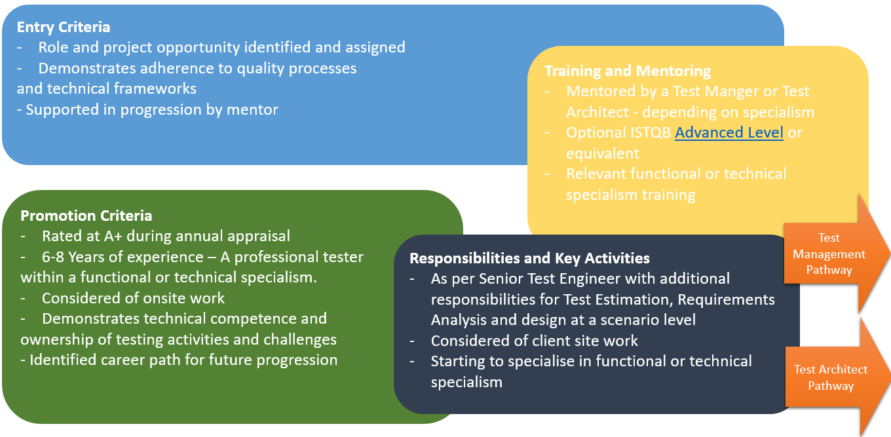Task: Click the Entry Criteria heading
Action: point(64,27)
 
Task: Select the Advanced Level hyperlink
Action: point(729,132)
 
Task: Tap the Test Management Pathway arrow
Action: point(829,254)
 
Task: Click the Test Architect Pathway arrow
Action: point(830,377)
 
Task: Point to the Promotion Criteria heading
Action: point(86,216)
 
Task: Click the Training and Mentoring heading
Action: point(628,71)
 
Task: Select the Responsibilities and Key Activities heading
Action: point(529,258)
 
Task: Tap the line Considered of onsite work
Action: point(133,298)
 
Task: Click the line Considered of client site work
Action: point(534,341)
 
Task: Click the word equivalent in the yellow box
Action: point(602,153)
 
